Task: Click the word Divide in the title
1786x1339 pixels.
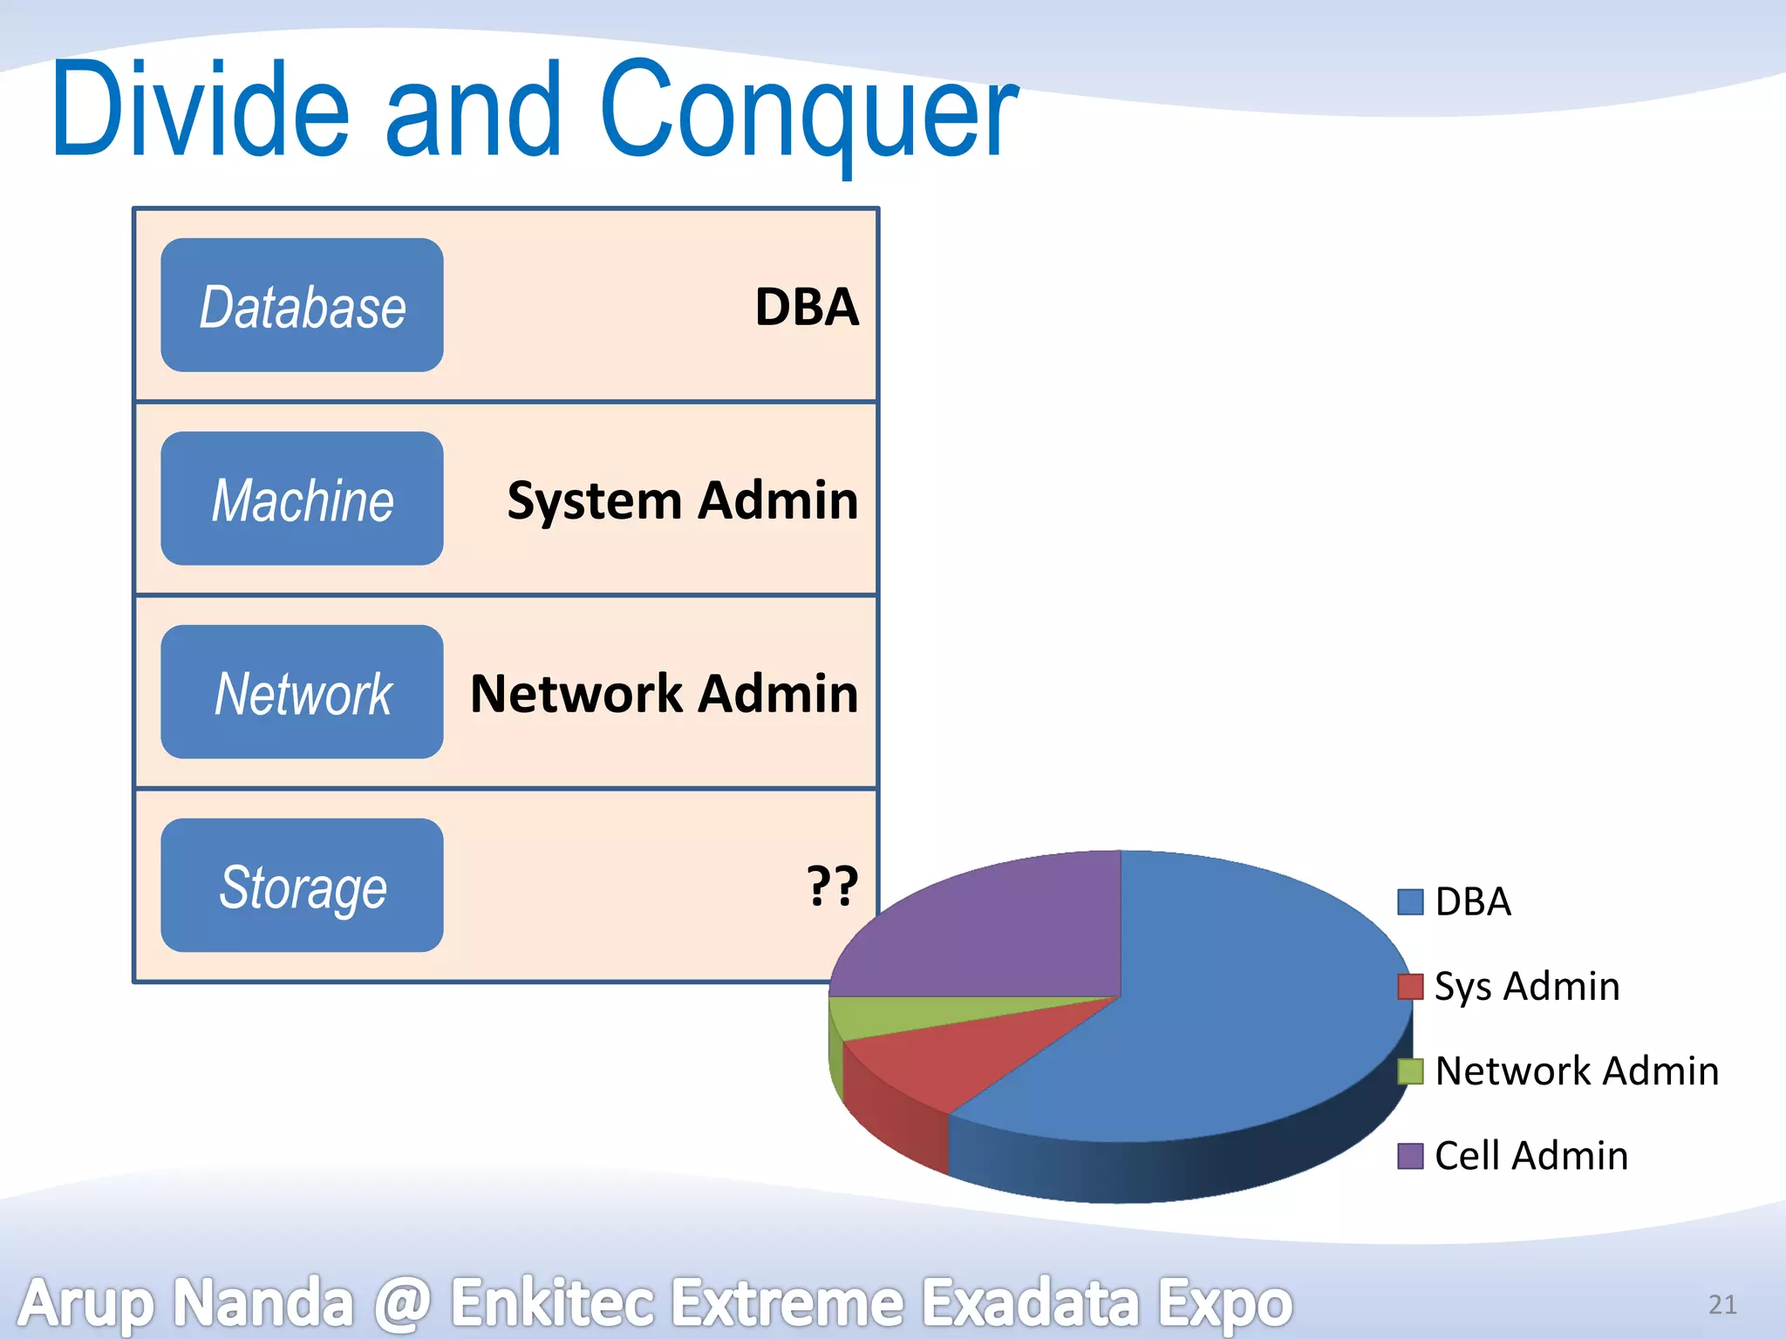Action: pos(201,109)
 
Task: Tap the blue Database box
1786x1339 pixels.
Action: pos(302,305)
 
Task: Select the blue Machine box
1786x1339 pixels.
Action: pos(302,499)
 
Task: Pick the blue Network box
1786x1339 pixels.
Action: pos(302,692)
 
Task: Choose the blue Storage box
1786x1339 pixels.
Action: pos(302,886)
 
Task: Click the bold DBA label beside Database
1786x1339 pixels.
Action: pos(807,307)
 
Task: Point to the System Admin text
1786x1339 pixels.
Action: pos(682,500)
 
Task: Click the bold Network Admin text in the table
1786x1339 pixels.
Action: pos(664,694)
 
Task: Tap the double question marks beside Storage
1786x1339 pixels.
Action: pos(832,886)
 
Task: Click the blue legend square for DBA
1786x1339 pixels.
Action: pos(1410,901)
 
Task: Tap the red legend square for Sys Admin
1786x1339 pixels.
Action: pos(1410,986)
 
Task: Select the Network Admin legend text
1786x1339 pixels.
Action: pos(1577,1071)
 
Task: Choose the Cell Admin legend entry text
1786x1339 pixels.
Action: pos(1531,1155)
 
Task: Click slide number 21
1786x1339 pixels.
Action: pos(1722,1304)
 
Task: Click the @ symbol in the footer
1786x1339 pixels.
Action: pos(402,1303)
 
